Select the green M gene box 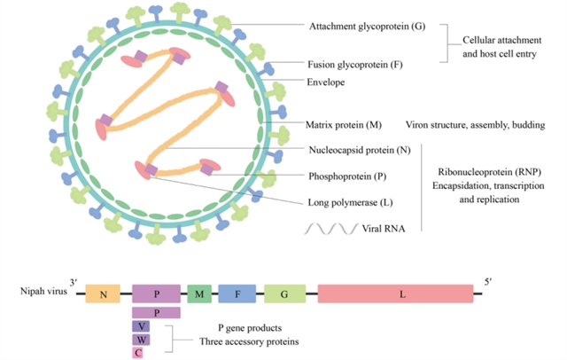point(198,293)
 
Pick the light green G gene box point(284,293)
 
